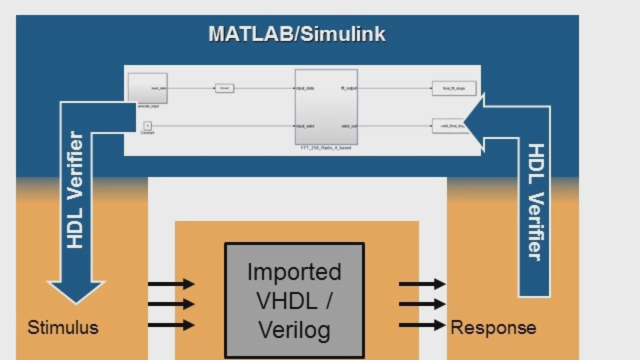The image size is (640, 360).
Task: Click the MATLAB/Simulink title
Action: (x=297, y=34)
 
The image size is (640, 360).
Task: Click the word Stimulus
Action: (x=63, y=327)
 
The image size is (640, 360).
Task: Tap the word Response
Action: (x=493, y=327)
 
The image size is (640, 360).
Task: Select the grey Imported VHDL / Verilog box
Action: (x=294, y=300)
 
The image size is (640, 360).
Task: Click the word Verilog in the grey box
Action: (x=294, y=330)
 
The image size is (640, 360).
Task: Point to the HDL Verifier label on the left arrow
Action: (x=75, y=190)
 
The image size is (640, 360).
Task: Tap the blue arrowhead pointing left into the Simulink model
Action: (x=474, y=122)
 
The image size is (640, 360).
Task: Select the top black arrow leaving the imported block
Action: (x=421, y=284)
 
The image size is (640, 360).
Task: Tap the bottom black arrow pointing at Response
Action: (x=421, y=325)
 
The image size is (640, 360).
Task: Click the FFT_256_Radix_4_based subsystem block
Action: (x=326, y=106)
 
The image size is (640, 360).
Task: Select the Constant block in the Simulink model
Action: (x=147, y=125)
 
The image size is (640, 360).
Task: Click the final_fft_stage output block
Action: (x=454, y=88)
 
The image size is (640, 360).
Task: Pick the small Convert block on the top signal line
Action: (x=224, y=88)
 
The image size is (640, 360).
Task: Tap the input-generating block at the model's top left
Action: (x=147, y=88)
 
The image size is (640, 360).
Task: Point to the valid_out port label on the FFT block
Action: (x=349, y=126)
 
